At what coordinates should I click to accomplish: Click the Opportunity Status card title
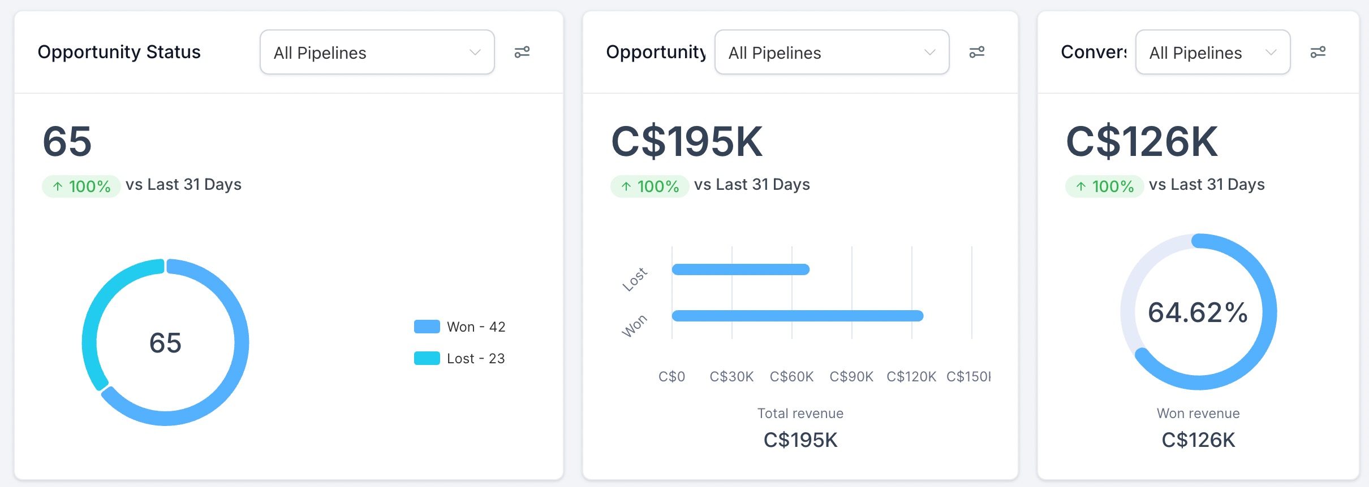[119, 52]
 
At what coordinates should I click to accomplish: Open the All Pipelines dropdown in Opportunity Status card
[377, 53]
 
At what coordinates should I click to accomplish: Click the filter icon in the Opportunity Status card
[522, 52]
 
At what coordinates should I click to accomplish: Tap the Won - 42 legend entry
[460, 327]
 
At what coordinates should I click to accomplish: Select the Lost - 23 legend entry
[460, 358]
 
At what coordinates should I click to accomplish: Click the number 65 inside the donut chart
[165, 343]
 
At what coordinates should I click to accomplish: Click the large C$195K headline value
[687, 141]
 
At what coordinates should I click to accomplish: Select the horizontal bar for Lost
[741, 269]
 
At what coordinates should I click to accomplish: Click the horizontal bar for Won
[798, 316]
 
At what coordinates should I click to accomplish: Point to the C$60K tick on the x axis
[791, 376]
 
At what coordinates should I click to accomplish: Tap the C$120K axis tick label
[911, 376]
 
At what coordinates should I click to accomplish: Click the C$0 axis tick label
[671, 376]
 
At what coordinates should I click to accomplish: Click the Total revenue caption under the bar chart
[800, 413]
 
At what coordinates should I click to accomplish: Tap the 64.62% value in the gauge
[1198, 312]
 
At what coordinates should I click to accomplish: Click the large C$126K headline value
[1142, 141]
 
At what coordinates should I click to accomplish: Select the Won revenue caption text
[1198, 413]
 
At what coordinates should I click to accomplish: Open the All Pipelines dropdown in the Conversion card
[1212, 53]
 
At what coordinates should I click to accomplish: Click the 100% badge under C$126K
[1104, 186]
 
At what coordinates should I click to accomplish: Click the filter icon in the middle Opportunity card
[976, 52]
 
